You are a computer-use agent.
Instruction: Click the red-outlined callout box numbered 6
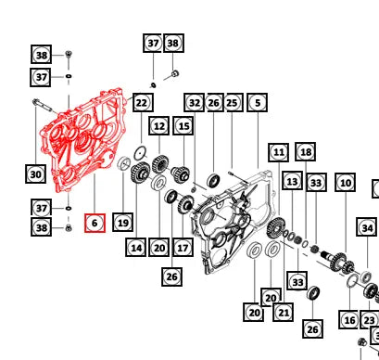point(95,223)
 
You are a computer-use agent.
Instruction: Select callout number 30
point(35,174)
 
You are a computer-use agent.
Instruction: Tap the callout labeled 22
point(143,102)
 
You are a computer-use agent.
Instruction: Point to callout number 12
point(158,126)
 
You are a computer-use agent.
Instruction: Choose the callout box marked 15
point(183,126)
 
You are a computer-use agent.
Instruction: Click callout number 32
point(194,102)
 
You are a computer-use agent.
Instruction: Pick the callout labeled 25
point(233,102)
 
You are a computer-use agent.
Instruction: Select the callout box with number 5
point(258,102)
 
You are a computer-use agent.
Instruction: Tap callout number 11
point(279,152)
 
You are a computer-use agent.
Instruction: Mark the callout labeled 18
point(306,151)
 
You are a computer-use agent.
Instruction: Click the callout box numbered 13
point(292,182)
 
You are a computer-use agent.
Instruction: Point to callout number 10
point(345,183)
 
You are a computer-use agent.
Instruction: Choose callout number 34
point(367,227)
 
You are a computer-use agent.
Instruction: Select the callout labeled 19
point(123,223)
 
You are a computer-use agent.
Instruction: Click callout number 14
point(136,248)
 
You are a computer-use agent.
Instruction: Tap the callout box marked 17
point(183,248)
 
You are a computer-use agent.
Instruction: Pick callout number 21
point(284,312)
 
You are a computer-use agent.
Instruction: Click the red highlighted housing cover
point(83,139)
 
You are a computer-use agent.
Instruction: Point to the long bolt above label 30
point(44,105)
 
